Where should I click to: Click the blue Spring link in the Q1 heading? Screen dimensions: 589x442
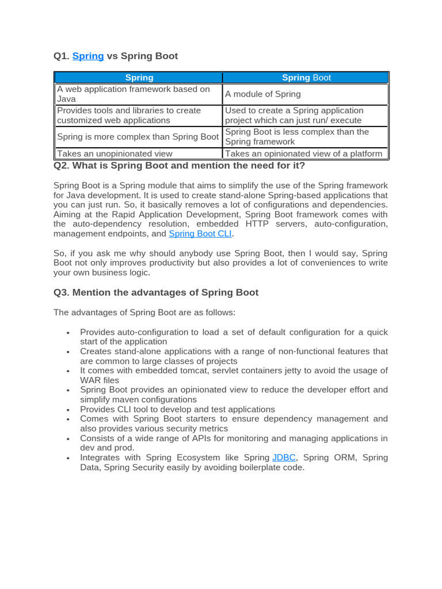coord(88,56)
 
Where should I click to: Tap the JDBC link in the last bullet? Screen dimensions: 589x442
coord(284,457)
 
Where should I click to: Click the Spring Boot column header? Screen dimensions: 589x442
coord(306,78)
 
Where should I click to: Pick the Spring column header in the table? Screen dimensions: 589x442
coord(139,78)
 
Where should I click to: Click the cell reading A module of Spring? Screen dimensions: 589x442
coord(262,94)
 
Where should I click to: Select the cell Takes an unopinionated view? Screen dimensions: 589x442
coord(115,154)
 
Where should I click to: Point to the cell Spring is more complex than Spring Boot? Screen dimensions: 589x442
coord(138,137)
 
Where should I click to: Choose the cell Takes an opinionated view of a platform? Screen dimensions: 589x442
coord(303,154)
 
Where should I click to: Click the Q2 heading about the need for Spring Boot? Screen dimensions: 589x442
coord(179,166)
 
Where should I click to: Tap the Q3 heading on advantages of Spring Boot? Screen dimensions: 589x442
coord(156,292)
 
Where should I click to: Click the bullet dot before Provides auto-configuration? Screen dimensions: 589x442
coord(68,333)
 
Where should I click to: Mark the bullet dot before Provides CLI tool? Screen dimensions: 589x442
coord(68,410)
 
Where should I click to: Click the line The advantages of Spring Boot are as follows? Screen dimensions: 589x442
coord(144,312)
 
